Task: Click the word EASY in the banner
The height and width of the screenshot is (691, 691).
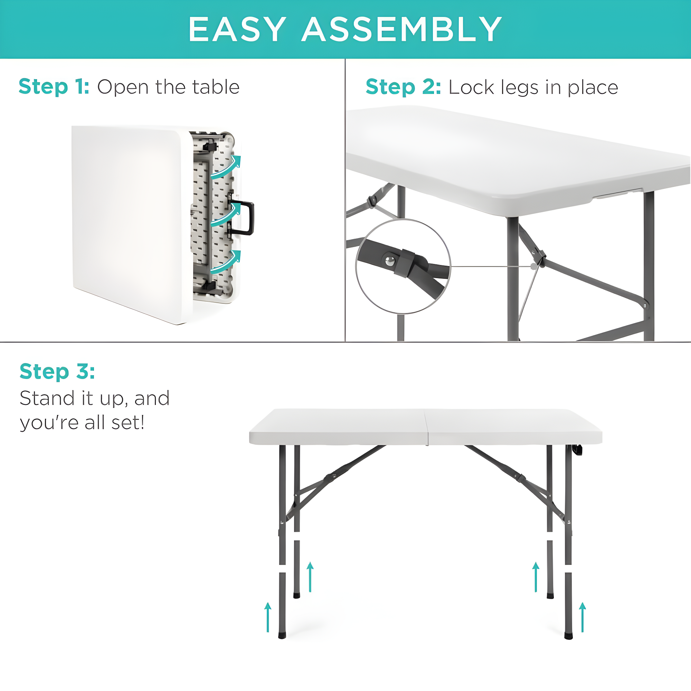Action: (x=237, y=29)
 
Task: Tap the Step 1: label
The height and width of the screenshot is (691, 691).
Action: (x=54, y=87)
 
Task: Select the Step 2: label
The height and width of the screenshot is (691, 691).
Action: (x=403, y=87)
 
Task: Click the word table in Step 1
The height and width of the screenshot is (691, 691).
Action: (x=216, y=87)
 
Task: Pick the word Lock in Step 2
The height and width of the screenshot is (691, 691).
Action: (x=471, y=87)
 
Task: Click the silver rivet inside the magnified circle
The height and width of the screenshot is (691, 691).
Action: (x=390, y=261)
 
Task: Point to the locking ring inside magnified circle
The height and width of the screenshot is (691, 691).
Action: (x=405, y=263)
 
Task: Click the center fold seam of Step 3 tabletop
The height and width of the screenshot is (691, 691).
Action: (x=427, y=427)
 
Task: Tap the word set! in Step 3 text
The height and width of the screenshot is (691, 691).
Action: (x=128, y=423)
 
